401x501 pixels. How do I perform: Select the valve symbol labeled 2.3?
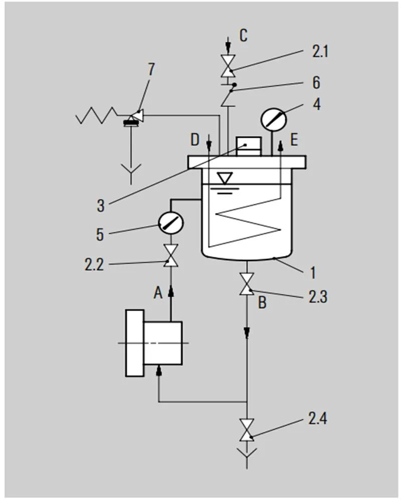[246, 284]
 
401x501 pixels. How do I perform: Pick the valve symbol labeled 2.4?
[246, 429]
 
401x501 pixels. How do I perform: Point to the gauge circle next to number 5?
[170, 222]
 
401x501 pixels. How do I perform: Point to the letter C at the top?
[243, 36]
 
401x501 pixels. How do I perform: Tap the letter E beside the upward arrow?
[294, 140]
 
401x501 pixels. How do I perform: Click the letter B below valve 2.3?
[262, 302]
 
